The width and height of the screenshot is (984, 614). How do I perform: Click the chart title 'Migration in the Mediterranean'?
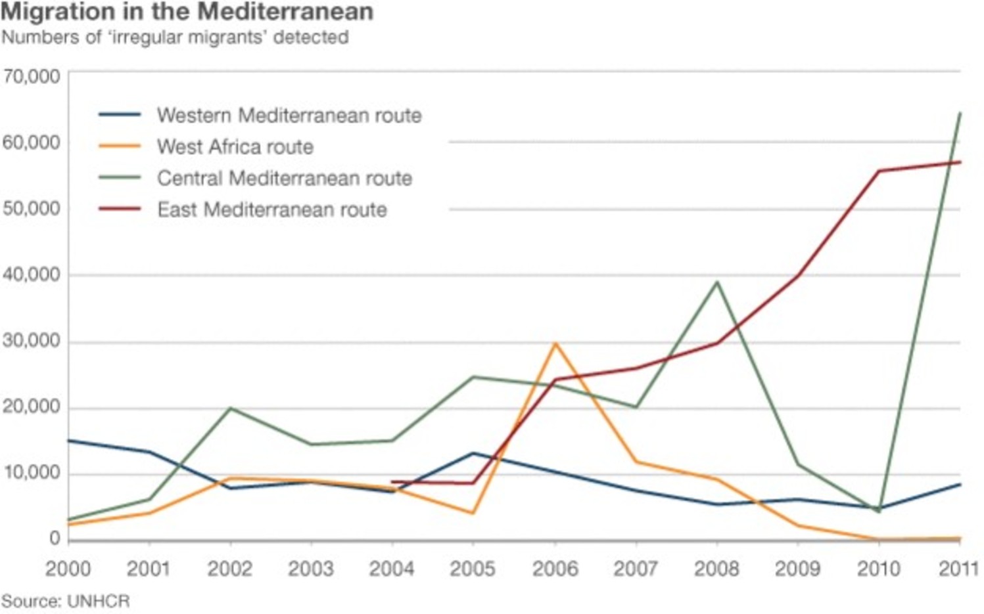point(187,12)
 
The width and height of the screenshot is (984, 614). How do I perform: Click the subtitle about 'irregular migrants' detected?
point(175,37)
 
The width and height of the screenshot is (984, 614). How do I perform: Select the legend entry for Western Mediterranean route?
point(289,116)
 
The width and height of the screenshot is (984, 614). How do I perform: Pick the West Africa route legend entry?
point(235,146)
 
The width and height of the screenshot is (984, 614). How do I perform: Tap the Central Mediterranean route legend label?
point(284,178)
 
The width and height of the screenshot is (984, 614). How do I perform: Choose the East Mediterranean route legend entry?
point(271,209)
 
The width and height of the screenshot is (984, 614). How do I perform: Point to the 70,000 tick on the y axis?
point(31,76)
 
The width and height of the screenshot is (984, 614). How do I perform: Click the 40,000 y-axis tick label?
point(31,274)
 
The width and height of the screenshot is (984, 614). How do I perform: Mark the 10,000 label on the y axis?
point(31,473)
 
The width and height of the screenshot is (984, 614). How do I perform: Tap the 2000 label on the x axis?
point(68,569)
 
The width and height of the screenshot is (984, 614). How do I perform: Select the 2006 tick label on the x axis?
point(555,569)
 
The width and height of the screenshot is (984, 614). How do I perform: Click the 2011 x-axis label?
point(959,569)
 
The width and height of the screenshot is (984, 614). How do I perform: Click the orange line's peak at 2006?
point(555,343)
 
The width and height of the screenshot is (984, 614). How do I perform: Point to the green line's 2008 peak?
point(717,282)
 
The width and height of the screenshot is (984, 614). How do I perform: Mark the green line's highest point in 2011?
point(960,114)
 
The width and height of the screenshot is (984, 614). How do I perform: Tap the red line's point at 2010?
point(879,171)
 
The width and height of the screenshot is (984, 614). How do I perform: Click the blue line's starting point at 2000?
point(69,440)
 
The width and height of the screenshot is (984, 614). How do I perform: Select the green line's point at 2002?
point(231,408)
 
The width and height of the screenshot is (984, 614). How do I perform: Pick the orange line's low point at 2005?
point(473,513)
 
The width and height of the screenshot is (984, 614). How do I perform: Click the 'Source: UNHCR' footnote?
point(66,601)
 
